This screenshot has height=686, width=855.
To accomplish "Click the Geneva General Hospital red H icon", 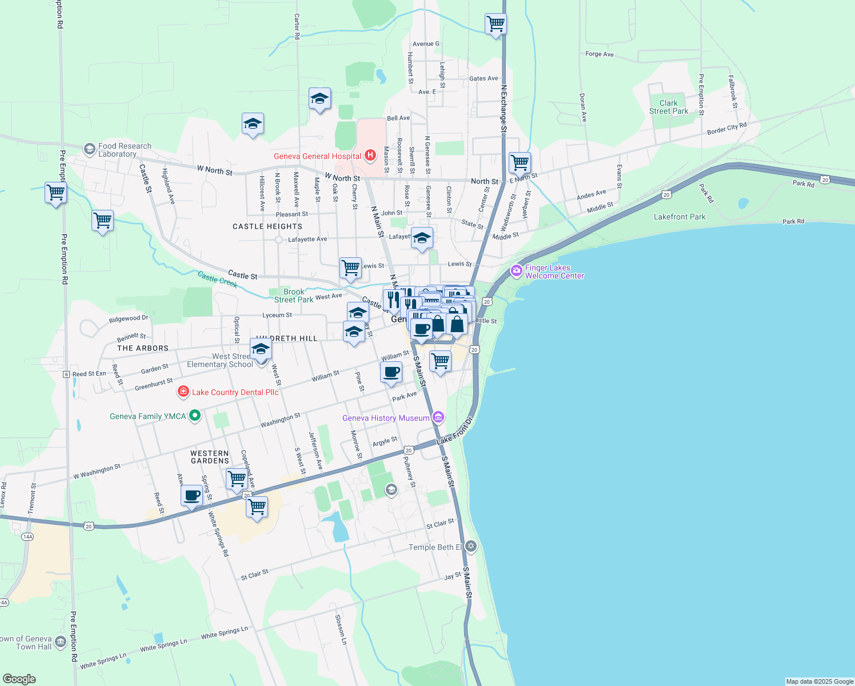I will (x=370, y=155).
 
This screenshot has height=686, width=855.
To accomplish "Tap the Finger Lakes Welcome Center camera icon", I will (x=517, y=271).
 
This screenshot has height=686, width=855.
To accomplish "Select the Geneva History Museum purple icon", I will (x=438, y=417).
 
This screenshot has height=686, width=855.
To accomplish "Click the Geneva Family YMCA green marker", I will (x=194, y=416).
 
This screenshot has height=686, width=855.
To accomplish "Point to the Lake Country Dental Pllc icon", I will (x=183, y=392).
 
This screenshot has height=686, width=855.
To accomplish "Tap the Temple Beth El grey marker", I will (x=471, y=547).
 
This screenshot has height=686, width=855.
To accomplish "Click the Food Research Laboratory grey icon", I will (x=89, y=149).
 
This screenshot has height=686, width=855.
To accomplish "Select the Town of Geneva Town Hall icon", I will (x=61, y=642).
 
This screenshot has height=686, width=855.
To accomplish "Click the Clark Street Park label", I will (x=669, y=107).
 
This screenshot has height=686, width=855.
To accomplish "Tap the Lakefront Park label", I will (x=680, y=217).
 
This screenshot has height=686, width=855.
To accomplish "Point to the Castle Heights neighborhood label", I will (x=267, y=226).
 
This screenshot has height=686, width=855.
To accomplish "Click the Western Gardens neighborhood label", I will (x=210, y=457).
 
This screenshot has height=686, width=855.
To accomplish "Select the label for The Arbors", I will (x=143, y=348).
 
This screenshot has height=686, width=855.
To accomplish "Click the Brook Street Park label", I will (x=294, y=296).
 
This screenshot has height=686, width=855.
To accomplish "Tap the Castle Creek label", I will (x=217, y=280).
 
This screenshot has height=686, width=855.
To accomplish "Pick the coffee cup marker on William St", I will (x=391, y=372).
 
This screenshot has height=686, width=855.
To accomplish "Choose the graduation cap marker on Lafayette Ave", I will (x=422, y=238).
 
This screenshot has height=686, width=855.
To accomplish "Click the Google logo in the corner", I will (x=19, y=679).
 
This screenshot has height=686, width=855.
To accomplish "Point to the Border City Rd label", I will (x=726, y=129).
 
